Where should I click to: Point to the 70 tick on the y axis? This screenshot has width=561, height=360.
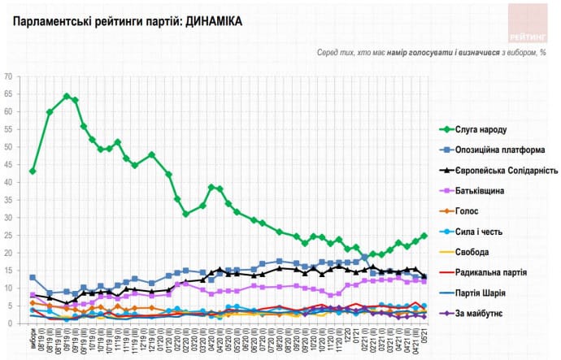[x=9, y=76]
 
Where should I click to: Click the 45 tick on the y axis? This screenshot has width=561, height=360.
[x=9, y=165]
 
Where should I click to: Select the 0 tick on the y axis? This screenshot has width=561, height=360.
[x=11, y=323]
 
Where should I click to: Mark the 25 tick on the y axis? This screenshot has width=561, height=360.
[x=9, y=236]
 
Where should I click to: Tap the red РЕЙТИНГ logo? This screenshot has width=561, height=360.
[x=528, y=24]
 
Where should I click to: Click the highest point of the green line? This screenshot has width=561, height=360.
[x=67, y=96]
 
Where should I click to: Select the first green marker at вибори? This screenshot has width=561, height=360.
[x=33, y=171]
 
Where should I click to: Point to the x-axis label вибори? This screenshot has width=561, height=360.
[x=33, y=337]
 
